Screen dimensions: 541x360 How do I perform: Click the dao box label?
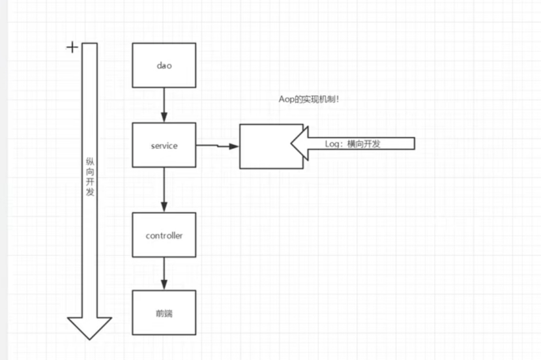click(164, 66)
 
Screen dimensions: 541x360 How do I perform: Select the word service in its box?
click(164, 145)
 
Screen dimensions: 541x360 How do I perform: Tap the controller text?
click(164, 235)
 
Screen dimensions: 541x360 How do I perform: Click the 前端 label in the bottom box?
click(164, 314)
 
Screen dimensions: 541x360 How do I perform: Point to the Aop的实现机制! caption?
click(309, 99)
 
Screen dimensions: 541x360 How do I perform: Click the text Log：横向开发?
click(353, 144)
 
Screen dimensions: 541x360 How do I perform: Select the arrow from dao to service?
click(164, 105)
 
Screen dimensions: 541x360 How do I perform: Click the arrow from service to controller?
click(164, 190)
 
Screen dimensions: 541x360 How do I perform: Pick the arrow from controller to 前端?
click(164, 274)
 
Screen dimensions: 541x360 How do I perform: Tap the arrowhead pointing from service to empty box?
click(234, 146)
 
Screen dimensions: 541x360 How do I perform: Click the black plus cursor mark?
click(72, 48)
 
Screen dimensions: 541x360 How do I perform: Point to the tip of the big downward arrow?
click(90, 340)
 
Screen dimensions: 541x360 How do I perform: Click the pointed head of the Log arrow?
click(292, 143)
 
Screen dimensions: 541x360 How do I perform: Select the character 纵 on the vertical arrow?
click(90, 162)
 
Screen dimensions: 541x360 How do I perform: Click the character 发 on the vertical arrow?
click(90, 192)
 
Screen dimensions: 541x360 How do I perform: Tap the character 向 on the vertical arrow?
click(90, 172)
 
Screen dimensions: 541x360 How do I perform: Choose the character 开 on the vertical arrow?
click(90, 181)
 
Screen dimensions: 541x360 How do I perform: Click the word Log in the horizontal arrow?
click(332, 144)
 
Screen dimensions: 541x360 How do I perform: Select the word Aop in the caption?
click(285, 100)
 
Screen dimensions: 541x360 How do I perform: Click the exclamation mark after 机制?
click(338, 99)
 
